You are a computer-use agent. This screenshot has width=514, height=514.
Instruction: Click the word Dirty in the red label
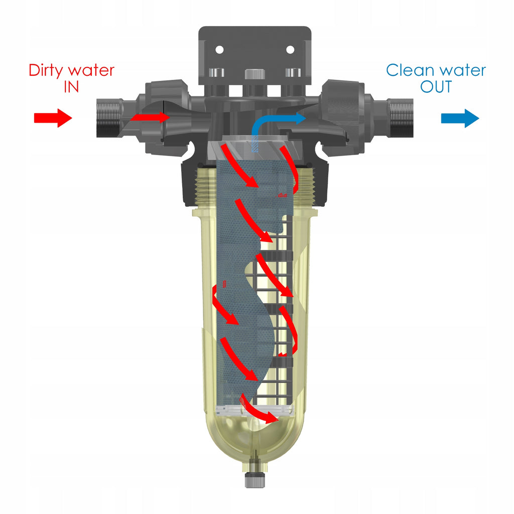pos(46,70)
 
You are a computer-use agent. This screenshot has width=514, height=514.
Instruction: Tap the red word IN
pos(71,87)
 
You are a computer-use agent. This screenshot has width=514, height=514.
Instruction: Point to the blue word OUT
pos(436,87)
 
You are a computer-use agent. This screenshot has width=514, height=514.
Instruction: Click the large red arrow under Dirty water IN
pos(53,117)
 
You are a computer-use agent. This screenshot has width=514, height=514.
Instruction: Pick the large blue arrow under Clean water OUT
pos(460,118)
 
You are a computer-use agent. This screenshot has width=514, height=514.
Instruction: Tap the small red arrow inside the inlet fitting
pos(150,117)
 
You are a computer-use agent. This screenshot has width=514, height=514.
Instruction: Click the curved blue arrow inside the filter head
pos(262,124)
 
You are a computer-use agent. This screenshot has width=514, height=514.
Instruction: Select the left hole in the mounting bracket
pos(219,50)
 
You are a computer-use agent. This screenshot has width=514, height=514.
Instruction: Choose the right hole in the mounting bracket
pos(290,50)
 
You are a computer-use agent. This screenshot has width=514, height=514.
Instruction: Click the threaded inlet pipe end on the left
pos(109,117)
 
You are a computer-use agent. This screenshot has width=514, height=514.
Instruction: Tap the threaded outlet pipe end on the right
pos(401,117)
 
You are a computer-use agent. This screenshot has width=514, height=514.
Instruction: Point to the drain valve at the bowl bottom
pos(254,472)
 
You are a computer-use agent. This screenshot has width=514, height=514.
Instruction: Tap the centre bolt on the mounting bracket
pos(254,73)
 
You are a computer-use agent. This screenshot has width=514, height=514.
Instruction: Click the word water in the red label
pos(91,71)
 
